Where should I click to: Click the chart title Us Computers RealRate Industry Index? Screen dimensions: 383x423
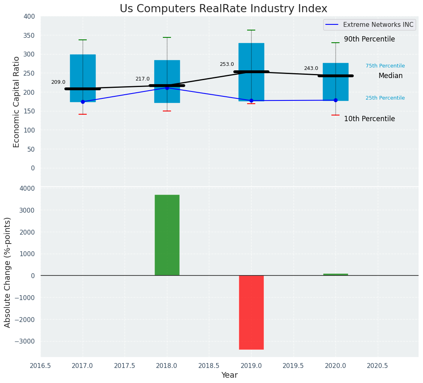click(x=223, y=9)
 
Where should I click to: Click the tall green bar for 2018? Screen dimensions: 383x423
click(x=167, y=235)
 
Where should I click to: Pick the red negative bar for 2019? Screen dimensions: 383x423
click(x=251, y=312)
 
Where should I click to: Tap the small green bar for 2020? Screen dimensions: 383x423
click(x=335, y=274)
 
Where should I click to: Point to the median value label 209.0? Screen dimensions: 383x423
click(x=58, y=82)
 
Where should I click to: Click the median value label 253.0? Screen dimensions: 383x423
click(x=227, y=64)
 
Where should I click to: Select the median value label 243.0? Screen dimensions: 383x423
click(x=311, y=68)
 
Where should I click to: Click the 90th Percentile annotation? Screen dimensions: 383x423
click(x=369, y=39)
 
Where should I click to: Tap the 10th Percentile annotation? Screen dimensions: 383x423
click(x=369, y=119)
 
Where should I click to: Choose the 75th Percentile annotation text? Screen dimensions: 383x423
click(x=385, y=66)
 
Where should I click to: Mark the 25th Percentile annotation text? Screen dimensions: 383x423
click(x=385, y=98)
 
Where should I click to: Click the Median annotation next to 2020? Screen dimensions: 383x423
click(x=390, y=76)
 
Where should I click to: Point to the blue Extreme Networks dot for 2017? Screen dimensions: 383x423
click(x=83, y=102)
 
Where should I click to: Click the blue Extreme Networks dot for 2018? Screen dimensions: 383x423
click(x=167, y=88)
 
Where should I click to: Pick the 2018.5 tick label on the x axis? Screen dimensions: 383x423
click(x=209, y=366)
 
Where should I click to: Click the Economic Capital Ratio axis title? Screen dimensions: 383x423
click(x=17, y=102)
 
